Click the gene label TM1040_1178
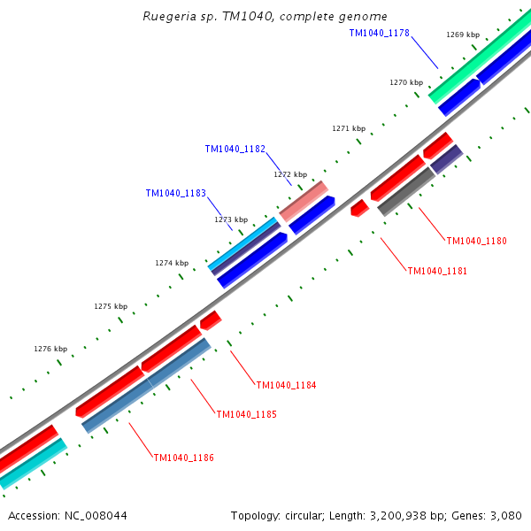coord(379,33)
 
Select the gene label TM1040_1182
coord(235,149)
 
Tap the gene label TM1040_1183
coord(175,193)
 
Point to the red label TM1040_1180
coord(476,241)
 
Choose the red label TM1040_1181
coord(437,271)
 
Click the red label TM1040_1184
coord(286,385)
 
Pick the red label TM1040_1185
coord(246,414)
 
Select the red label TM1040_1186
coord(183,458)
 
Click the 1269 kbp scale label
coord(462,35)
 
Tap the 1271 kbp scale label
coord(349,128)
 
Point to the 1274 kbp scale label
coord(172,263)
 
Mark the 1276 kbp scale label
coord(50,349)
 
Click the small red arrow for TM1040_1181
coord(359,208)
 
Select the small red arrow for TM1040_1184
coord(211,319)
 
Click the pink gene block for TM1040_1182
coord(304,201)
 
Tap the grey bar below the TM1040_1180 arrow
coord(406,192)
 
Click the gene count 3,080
coord(505,515)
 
